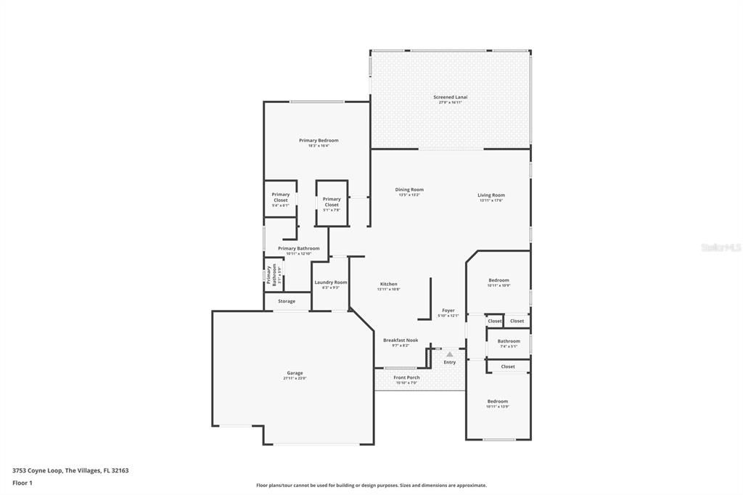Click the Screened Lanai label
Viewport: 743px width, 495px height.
click(x=450, y=97)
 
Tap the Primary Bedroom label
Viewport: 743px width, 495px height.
click(x=319, y=141)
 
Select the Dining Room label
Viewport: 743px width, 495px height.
click(x=409, y=190)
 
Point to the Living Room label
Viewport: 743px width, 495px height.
click(x=491, y=195)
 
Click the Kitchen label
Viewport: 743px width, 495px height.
click(x=388, y=285)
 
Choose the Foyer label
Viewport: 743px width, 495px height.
click(x=448, y=311)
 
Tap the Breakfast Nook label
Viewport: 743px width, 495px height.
click(x=401, y=340)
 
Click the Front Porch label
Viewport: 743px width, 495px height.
click(x=406, y=377)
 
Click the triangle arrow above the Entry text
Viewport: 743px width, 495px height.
click(x=449, y=354)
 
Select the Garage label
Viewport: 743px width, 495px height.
click(x=294, y=374)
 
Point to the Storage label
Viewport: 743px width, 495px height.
click(x=287, y=301)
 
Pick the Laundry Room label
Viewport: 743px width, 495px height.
click(x=331, y=282)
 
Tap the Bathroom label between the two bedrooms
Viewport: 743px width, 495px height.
click(x=509, y=341)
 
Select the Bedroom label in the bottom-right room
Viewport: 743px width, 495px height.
click(x=497, y=402)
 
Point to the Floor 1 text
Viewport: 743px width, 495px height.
click(x=22, y=483)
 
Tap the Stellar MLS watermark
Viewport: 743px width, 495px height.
click(x=721, y=247)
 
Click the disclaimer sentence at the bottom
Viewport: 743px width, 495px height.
click(x=371, y=486)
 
